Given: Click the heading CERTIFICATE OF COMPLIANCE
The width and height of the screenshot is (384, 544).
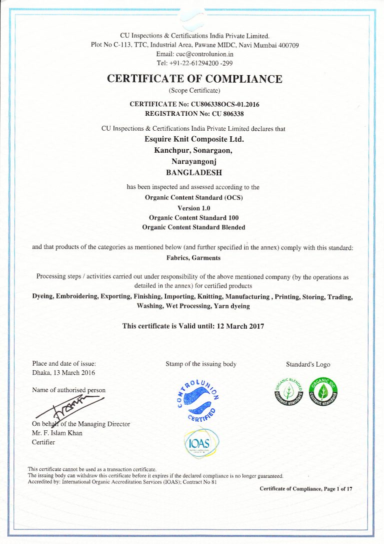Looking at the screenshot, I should (x=194, y=79).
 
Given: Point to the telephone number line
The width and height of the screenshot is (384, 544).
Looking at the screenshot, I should (x=194, y=63).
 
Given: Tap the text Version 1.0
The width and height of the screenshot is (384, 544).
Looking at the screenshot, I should (x=194, y=208).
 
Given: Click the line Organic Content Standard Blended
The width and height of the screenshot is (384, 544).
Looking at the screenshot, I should (x=194, y=227).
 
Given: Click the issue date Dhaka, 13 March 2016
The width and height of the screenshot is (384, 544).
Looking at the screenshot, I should (x=63, y=373).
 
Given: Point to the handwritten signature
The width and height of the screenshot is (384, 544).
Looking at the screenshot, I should (x=70, y=406).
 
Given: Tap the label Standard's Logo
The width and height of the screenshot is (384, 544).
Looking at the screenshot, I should (x=308, y=364).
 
